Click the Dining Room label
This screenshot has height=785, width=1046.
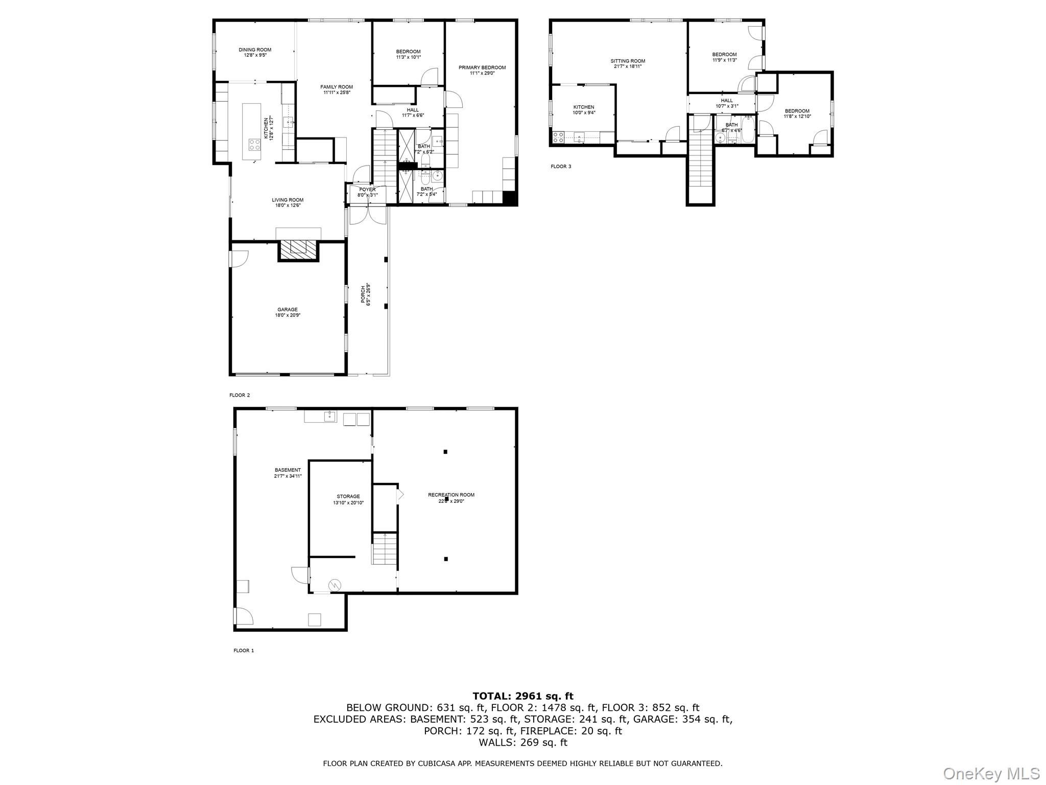(255, 52)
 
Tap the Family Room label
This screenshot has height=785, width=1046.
(336, 89)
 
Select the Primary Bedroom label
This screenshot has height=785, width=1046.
(482, 70)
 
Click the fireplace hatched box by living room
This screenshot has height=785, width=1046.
(299, 249)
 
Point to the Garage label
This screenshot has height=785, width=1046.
(288, 312)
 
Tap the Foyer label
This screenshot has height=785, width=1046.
(367, 192)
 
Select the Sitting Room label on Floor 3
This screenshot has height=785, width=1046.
(628, 63)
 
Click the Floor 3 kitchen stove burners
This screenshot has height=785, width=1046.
(558, 137)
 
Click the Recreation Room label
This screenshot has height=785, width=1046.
(451, 497)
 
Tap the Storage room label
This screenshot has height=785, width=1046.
(348, 499)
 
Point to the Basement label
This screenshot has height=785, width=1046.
(288, 472)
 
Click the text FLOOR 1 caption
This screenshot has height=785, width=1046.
(244, 651)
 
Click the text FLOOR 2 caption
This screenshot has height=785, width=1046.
(240, 395)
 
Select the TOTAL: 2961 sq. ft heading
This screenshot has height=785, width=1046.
(522, 696)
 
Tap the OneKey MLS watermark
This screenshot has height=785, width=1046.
(991, 773)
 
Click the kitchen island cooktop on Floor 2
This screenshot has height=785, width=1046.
(254, 145)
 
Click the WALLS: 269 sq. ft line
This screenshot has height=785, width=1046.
(522, 743)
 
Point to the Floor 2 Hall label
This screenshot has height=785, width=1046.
(413, 112)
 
